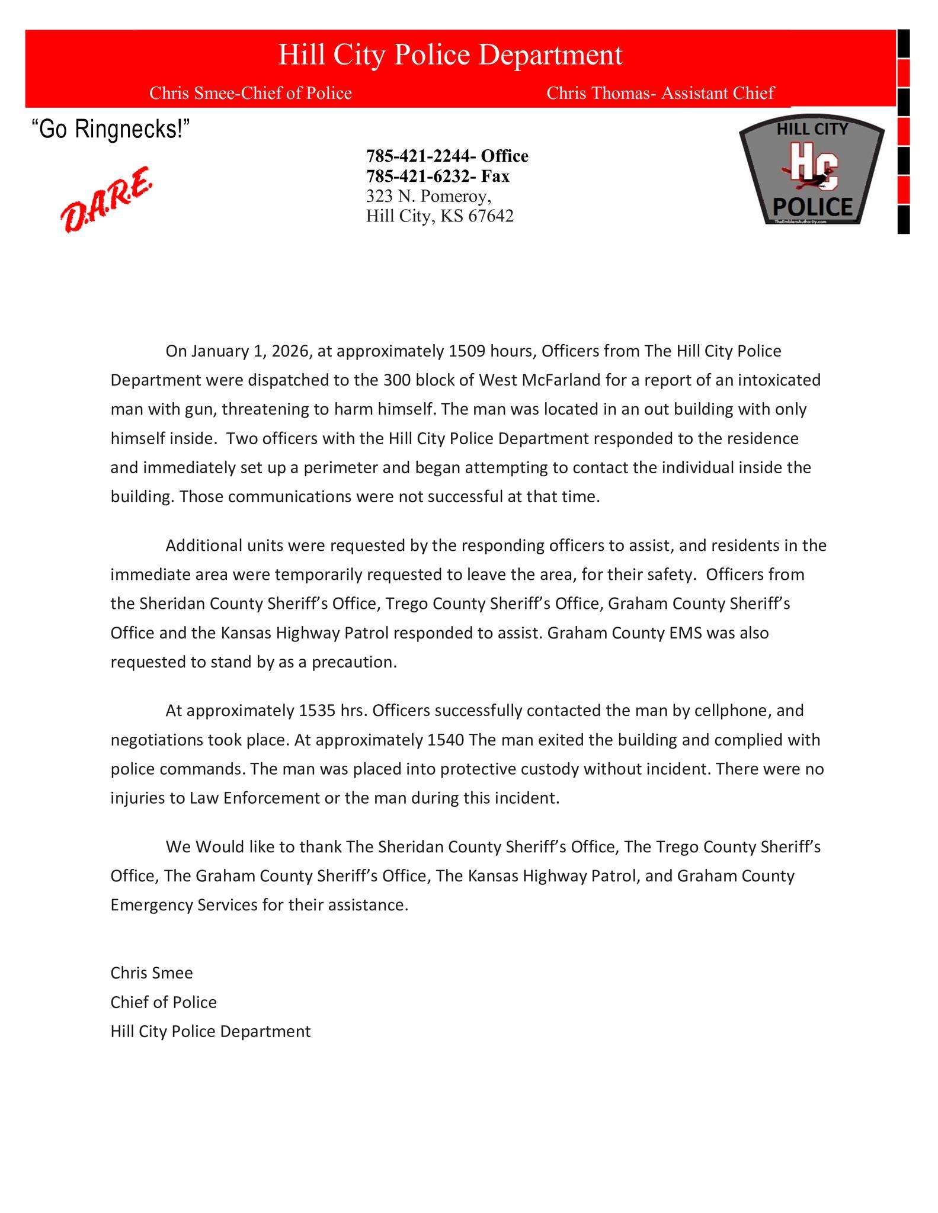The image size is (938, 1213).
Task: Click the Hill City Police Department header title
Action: pos(450,55)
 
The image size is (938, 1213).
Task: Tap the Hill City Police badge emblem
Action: pos(812,172)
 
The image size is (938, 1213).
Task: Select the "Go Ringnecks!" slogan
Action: pos(111,129)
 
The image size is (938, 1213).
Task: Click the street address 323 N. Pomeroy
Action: pos(428,196)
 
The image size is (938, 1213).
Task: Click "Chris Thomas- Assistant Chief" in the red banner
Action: pos(660,93)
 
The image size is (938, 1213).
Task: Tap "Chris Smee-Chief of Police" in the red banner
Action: pos(251,93)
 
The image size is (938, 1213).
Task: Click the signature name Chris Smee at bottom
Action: pos(152,973)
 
